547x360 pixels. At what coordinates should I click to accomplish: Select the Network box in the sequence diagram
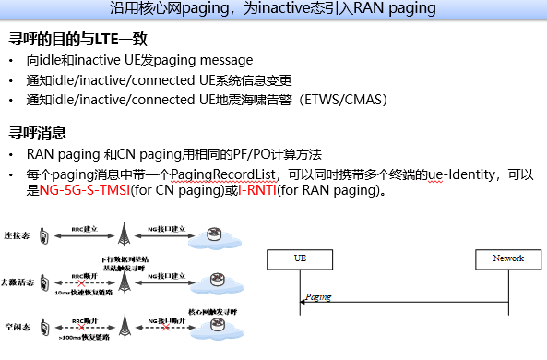click(x=508, y=258)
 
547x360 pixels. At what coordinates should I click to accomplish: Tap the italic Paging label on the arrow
click(x=318, y=297)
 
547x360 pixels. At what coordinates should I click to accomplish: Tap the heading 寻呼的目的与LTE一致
click(x=78, y=40)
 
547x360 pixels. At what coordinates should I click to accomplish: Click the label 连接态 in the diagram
click(x=16, y=237)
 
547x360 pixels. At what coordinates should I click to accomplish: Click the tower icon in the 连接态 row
click(x=127, y=234)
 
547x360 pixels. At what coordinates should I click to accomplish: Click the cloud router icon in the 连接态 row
click(x=214, y=234)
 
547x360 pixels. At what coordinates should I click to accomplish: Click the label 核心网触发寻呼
click(x=214, y=312)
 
